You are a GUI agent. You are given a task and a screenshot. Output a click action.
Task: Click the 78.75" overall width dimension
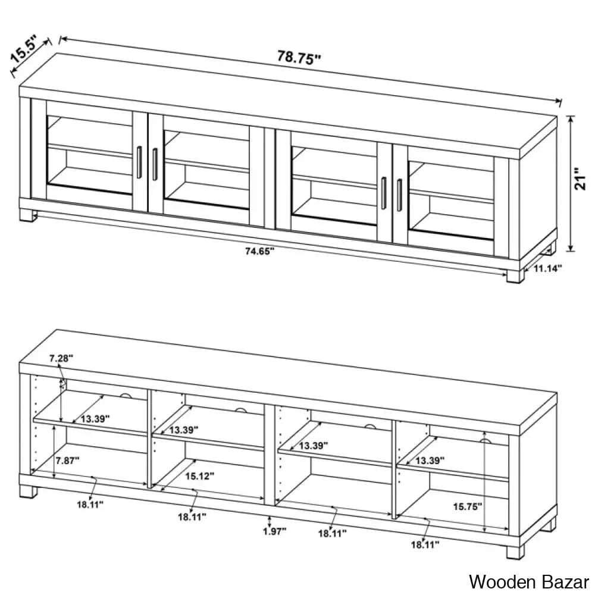coord(299,58)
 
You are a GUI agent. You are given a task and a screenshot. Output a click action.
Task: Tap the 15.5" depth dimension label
coord(24,49)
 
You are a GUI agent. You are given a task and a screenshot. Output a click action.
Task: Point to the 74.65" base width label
coord(259,251)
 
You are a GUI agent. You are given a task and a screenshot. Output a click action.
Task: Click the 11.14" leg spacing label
coord(547,269)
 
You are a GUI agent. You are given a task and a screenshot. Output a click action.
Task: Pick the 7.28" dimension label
coord(61,358)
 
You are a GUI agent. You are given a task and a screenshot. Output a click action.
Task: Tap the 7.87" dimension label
coord(68,461)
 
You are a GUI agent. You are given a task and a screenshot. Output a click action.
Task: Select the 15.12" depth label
coord(200,476)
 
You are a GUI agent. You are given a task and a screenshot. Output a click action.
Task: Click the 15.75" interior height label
coord(468,506)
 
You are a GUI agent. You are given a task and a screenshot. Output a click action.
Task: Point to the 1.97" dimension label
coord(275,531)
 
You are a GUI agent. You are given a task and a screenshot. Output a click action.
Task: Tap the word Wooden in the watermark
coord(503,582)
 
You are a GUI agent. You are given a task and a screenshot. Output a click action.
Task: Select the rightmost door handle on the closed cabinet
coord(399,195)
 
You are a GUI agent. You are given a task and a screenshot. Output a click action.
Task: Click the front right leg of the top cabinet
coord(515,276)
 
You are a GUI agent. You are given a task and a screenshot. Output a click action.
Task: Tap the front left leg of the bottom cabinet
coord(29,491)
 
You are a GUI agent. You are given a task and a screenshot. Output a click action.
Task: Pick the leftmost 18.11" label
coord(90,505)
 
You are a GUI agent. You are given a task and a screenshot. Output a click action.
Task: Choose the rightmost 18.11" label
coord(425,545)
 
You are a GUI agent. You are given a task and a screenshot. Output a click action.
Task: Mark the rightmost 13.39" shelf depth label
coord(430,461)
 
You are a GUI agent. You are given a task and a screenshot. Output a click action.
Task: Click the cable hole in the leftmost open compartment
coord(126,396)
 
